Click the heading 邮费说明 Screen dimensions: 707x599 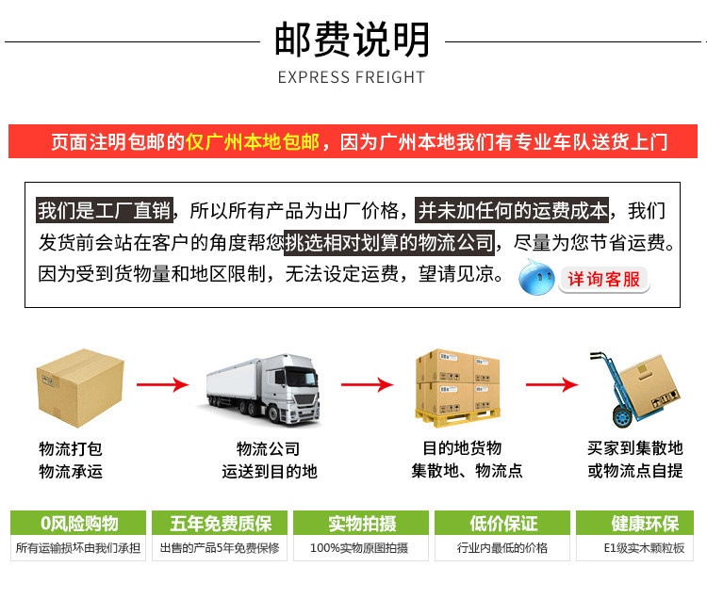click(x=352, y=40)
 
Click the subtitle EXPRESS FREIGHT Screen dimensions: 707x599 click(x=352, y=77)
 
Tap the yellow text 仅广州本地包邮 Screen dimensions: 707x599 click(x=253, y=142)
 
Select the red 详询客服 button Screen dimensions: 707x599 click(x=603, y=279)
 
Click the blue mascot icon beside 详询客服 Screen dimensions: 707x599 click(x=537, y=277)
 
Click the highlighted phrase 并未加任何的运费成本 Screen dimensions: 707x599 click(x=513, y=211)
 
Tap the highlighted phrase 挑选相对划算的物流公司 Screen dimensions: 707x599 click(x=389, y=243)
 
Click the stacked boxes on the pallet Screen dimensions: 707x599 click(x=458, y=386)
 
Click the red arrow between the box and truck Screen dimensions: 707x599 click(x=162, y=384)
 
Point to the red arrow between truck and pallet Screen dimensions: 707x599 click(x=366, y=384)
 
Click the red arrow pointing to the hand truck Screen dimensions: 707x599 click(x=551, y=384)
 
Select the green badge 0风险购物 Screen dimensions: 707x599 click(x=79, y=524)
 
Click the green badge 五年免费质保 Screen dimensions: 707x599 click(x=221, y=524)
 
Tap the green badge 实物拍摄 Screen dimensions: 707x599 click(x=361, y=524)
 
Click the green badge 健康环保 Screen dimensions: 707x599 click(x=644, y=524)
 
